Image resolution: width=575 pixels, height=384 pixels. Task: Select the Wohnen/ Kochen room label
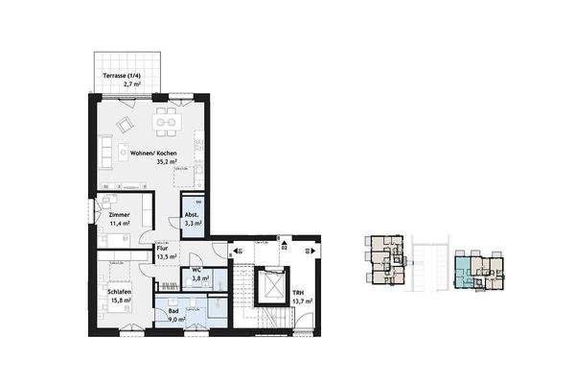[153, 154]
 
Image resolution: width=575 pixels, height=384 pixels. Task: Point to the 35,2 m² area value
[153, 163]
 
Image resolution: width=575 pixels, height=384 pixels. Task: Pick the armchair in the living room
[126, 126]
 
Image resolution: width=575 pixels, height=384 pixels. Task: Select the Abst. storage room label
[191, 217]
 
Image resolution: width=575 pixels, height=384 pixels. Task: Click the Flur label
[163, 249]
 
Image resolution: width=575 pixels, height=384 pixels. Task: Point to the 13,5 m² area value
[167, 257]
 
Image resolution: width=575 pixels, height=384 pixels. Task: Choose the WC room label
[195, 270]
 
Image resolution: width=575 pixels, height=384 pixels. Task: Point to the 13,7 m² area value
[301, 301]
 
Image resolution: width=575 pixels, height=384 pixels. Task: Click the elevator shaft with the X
[271, 286]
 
